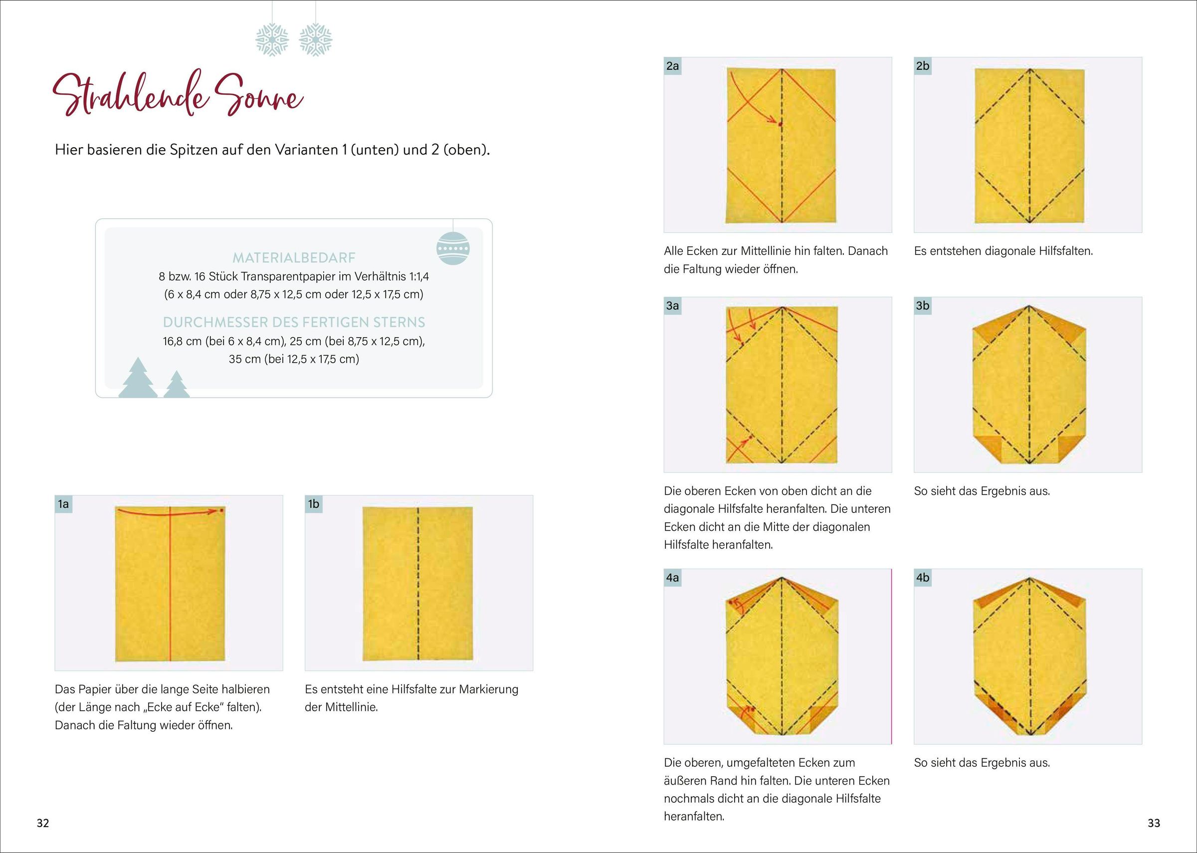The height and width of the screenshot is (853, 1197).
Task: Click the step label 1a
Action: [63, 504]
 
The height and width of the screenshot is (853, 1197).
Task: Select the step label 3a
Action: [672, 306]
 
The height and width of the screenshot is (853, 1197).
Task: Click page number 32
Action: [42, 823]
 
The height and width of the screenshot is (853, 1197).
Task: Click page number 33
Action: [1154, 823]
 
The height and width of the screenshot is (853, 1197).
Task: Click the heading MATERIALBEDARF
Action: [294, 258]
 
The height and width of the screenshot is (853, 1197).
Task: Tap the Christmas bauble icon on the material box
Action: [452, 248]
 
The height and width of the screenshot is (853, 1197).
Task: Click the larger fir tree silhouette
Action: [138, 378]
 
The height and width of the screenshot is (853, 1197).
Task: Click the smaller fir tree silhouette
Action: [177, 385]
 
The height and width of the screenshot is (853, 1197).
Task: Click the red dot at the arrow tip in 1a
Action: [221, 510]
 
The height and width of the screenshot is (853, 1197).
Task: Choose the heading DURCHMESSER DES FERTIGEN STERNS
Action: [294, 322]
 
